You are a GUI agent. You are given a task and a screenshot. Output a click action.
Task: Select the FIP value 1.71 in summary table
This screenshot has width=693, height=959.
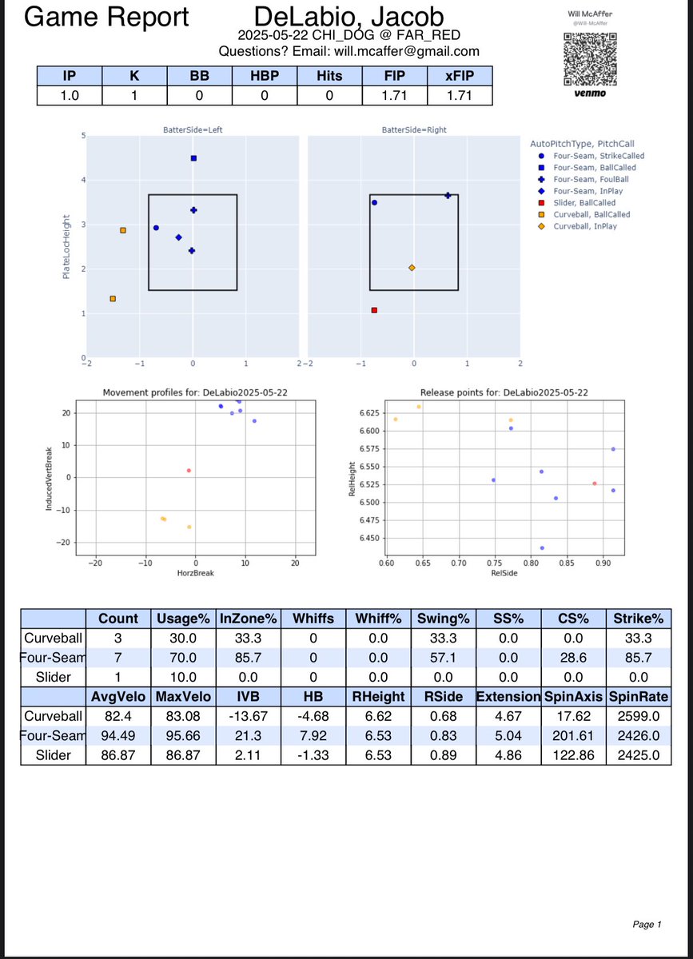pyautogui.click(x=395, y=95)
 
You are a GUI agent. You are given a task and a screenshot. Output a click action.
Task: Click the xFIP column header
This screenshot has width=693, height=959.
pyautogui.click(x=460, y=76)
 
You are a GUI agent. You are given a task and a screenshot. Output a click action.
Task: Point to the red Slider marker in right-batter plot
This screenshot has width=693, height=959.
pyautogui.click(x=374, y=310)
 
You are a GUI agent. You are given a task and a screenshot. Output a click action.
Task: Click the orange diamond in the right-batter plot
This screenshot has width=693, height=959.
pyautogui.click(x=412, y=268)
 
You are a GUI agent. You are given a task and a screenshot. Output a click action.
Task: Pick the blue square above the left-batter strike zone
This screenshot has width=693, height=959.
pyautogui.click(x=193, y=158)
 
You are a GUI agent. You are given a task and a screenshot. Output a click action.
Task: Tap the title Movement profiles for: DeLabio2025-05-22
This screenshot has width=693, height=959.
pyautogui.click(x=195, y=392)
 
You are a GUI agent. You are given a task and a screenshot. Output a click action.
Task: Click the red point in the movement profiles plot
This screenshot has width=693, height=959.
pyautogui.click(x=189, y=471)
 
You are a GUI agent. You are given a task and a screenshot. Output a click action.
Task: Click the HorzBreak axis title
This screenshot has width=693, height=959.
pyautogui.click(x=195, y=573)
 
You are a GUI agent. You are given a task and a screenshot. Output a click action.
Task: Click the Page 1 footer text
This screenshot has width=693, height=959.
pyautogui.click(x=647, y=925)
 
